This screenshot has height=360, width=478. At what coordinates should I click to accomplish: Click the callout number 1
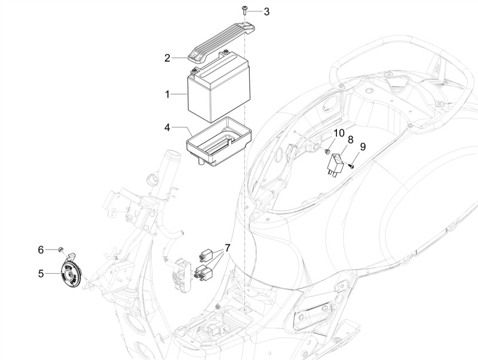pos(167,94)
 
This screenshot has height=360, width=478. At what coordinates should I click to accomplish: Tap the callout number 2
pos(167,57)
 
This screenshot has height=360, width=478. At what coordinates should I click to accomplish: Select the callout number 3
pos(266,11)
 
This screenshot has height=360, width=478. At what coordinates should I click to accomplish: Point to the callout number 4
pos(167,127)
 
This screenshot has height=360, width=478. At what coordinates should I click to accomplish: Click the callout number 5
pos(41,273)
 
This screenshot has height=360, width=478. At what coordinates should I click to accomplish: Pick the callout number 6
pos(41,250)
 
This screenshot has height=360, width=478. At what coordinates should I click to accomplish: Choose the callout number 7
pos(227,248)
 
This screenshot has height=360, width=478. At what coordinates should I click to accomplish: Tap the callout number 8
pos(350,140)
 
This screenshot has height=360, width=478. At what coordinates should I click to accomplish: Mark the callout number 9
pos(363,147)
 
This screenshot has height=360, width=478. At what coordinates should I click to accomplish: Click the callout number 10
pos(339,133)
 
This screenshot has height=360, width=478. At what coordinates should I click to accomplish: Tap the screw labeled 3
pos(244,10)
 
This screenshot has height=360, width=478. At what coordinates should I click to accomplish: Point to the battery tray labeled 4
pos(219,141)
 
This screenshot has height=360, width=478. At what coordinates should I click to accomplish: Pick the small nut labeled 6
pos(60,249)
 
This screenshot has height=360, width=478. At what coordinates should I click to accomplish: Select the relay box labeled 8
pos(335,164)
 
